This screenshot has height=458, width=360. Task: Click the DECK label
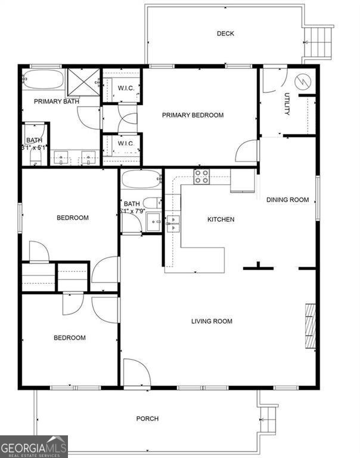point(225,34)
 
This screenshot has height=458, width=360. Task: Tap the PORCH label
point(147,419)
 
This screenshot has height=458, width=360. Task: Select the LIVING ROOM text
point(212,321)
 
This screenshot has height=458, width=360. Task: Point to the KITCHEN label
point(221,219)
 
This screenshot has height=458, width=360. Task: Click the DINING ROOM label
point(287,200)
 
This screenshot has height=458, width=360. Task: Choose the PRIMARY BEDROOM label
point(193,115)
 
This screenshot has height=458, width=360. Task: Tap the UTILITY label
point(287,104)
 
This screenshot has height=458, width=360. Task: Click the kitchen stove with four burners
point(201,176)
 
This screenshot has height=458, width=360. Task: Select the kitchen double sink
point(173,224)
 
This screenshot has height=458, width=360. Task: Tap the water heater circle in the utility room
point(301,81)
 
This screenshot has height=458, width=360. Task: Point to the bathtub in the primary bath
point(42,79)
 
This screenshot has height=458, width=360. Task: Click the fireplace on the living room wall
point(309,326)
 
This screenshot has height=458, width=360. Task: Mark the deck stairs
point(319,42)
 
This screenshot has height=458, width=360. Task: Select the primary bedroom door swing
point(247,151)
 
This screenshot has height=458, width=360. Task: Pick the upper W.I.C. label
point(125,89)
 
